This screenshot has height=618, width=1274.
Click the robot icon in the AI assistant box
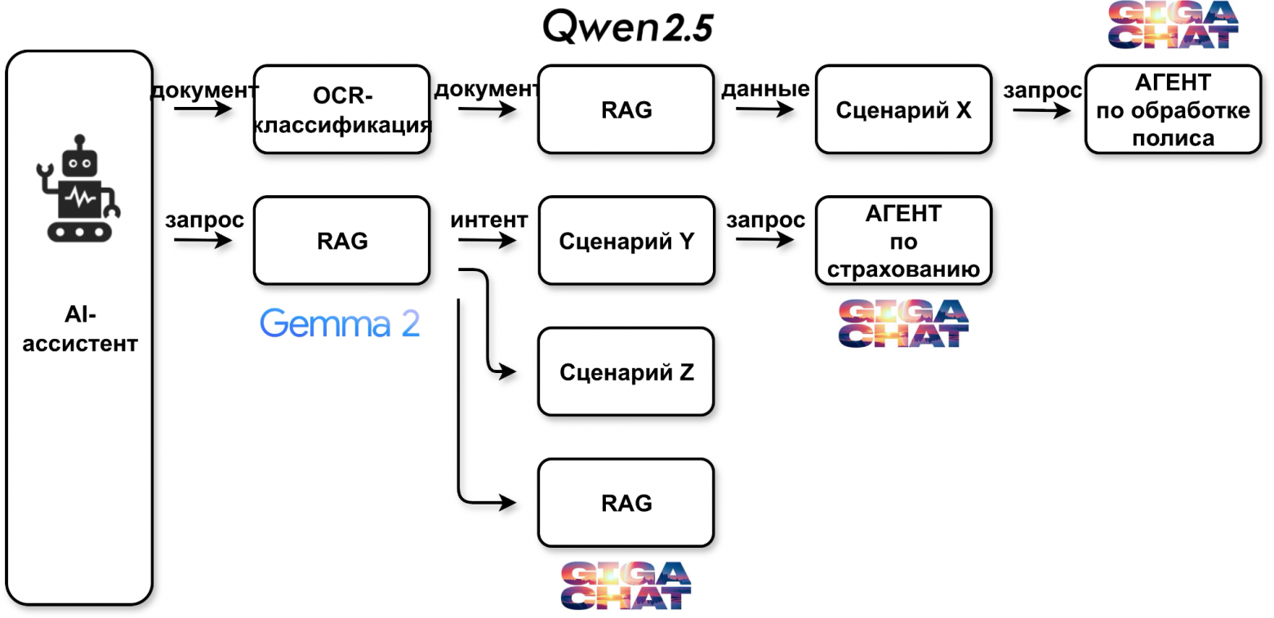pos(78,189)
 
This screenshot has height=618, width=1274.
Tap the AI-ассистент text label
pos(79,329)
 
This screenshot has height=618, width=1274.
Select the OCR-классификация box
pos(341,109)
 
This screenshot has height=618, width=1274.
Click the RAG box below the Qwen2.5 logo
pos(626,109)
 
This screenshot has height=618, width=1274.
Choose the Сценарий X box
pos(903,109)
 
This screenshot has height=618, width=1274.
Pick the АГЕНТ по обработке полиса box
pos(1173,109)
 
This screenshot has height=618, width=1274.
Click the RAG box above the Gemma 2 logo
pos(341,240)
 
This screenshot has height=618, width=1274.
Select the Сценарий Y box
pos(626,241)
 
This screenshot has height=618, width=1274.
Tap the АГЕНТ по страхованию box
pos(903,241)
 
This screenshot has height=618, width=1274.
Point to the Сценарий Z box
pos(626,372)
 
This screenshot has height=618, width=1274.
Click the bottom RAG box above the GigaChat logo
pos(626,503)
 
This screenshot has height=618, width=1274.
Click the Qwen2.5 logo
pos(627,28)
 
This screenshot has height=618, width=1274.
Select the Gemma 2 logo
pos(340,324)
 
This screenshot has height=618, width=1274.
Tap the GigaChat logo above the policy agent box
pos(1173,24)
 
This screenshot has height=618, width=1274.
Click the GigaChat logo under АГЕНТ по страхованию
pos(903,322)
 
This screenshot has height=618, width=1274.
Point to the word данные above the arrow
pos(764,88)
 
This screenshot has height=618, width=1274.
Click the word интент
pos(488,220)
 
